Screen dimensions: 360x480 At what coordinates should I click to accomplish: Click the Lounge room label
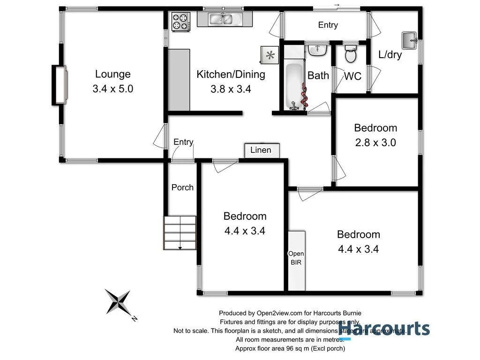112,74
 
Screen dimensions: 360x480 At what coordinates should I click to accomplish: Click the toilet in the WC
350,55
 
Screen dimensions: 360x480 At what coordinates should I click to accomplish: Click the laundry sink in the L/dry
409,39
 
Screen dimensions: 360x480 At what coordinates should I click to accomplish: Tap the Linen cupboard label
261,150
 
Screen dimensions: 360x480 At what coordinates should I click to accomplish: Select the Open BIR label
296,258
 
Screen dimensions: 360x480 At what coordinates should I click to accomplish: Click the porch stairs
180,233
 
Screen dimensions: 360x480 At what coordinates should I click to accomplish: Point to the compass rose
118,301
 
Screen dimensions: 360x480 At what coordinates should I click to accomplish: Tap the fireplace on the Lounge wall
59,85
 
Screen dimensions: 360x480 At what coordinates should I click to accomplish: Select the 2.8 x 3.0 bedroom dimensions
375,142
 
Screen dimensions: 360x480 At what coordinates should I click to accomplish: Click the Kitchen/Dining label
231,74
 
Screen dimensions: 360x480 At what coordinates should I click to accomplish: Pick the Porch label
182,187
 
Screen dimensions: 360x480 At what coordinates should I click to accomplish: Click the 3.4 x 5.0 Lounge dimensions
113,89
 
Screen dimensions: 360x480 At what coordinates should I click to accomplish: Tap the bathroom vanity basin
317,49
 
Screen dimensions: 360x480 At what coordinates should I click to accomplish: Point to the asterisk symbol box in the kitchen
270,55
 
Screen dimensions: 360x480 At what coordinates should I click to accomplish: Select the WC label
353,76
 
